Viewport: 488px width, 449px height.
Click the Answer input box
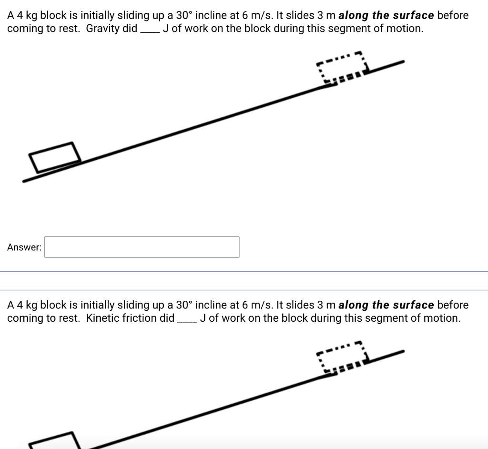(142, 247)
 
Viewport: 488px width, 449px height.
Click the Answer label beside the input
(24, 247)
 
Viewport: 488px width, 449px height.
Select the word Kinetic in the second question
(102, 318)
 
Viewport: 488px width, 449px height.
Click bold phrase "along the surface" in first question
(386, 15)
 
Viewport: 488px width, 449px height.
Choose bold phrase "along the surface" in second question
(386, 305)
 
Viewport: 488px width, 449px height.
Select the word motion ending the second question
(445, 318)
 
